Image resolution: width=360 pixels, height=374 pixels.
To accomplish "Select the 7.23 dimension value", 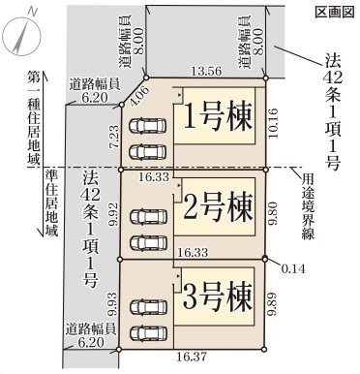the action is [x=114, y=135].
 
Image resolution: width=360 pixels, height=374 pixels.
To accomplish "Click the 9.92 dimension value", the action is [x=114, y=215].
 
